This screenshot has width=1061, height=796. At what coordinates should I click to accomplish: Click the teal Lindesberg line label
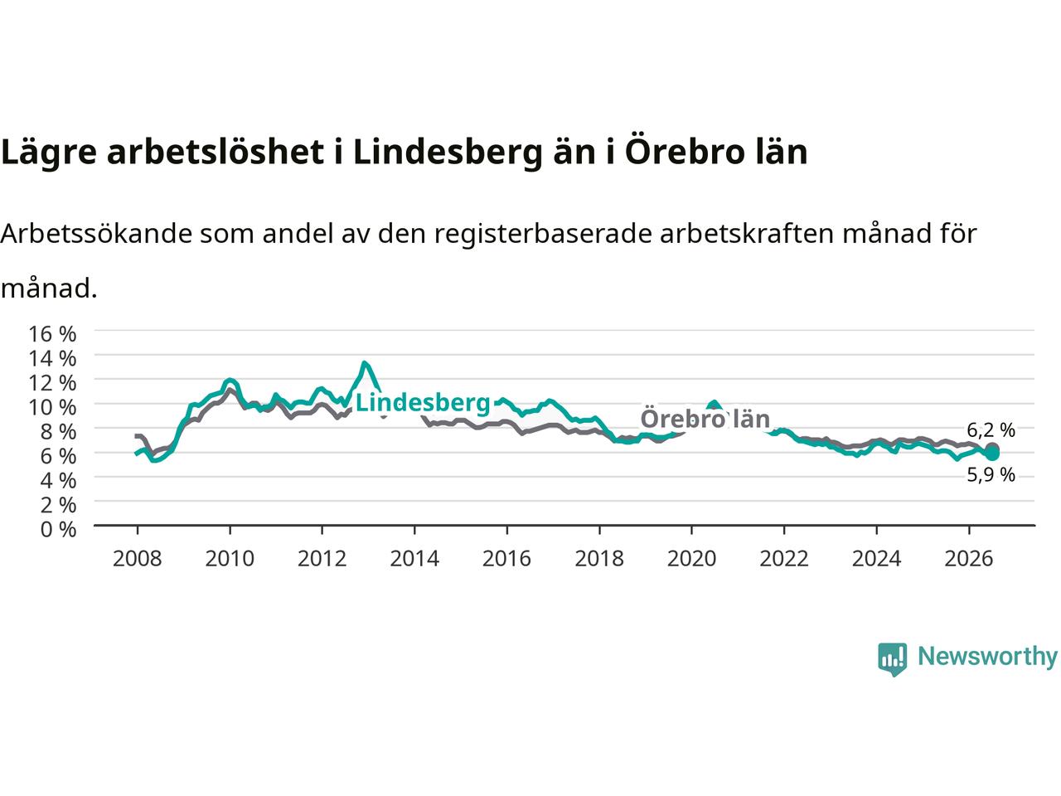click(x=423, y=403)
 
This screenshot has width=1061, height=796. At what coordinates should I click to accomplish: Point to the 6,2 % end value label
click(x=991, y=430)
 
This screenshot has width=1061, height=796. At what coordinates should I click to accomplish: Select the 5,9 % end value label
click(x=991, y=475)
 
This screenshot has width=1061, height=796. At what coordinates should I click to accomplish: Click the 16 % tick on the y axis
click(x=52, y=334)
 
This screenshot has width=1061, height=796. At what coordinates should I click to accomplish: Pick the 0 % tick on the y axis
click(x=58, y=530)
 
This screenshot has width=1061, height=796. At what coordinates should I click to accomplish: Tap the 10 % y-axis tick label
click(x=52, y=407)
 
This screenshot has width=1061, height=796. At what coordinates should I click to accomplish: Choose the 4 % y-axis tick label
click(x=58, y=481)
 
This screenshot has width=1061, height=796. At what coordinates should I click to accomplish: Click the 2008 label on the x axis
click(x=138, y=559)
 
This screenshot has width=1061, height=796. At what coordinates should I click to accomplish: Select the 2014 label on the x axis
click(x=414, y=559)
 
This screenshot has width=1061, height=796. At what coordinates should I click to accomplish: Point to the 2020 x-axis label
click(x=691, y=559)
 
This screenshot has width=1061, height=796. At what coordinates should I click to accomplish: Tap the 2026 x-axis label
click(x=969, y=559)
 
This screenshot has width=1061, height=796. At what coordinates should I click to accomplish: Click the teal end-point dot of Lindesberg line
click(x=992, y=454)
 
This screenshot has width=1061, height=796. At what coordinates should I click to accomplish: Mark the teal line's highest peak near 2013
click(x=364, y=362)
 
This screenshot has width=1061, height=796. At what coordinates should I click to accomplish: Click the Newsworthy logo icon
click(x=892, y=659)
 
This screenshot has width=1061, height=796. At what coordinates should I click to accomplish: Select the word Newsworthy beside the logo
click(x=987, y=657)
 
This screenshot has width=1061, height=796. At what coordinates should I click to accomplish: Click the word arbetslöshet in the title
click(x=215, y=152)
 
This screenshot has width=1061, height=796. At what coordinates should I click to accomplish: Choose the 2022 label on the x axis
click(x=784, y=559)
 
